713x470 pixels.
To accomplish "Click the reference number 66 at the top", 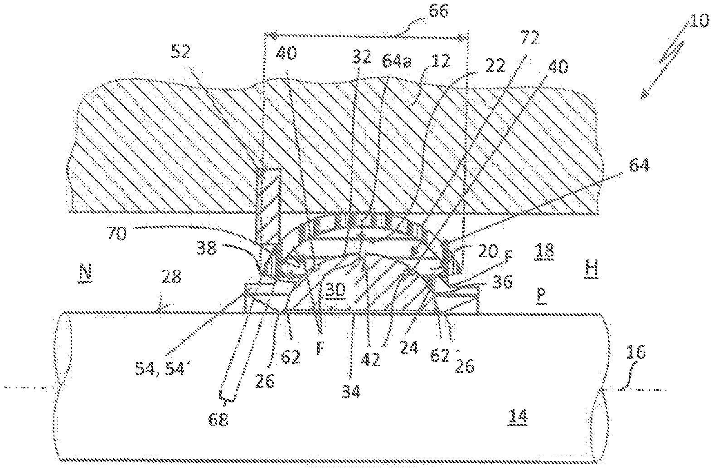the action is [438, 12].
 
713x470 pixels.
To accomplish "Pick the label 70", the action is [117, 234].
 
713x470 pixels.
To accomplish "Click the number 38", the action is [207, 248].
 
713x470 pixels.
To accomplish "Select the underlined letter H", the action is [592, 269].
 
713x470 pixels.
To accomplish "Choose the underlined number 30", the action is [335, 291].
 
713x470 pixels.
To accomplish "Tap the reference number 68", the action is [218, 420].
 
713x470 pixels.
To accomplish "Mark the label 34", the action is [351, 392].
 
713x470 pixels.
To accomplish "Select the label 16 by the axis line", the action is [635, 353].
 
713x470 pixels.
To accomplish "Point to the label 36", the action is [502, 282].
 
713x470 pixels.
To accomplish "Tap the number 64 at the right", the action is [639, 166].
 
